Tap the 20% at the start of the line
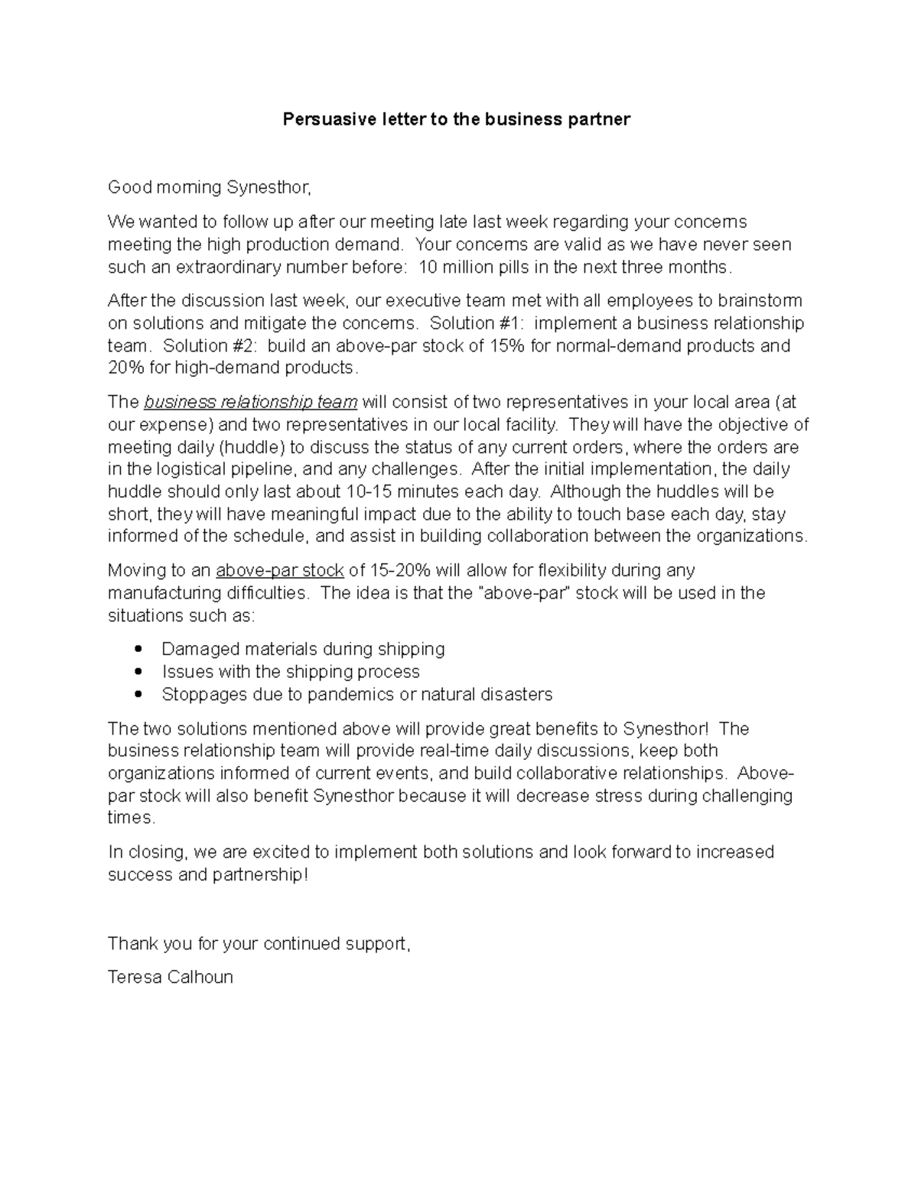click(125, 368)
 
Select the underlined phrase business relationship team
click(251, 402)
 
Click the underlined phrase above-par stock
click(280, 570)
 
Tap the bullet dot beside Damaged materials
click(138, 649)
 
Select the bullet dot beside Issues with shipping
click(138, 672)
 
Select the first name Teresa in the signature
click(134, 977)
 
